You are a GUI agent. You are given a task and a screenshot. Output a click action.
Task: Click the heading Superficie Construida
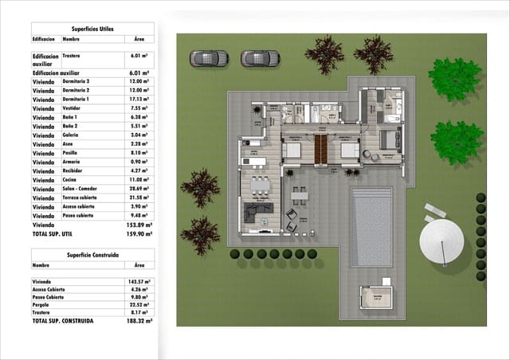click(x=93, y=254)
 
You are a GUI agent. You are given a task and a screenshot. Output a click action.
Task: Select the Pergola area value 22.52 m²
click(x=140, y=304)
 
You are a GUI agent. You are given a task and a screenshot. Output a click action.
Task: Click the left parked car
click(x=209, y=58)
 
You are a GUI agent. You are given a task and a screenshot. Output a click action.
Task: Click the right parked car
click(x=260, y=58)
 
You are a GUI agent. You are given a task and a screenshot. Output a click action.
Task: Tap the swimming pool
click(x=372, y=226)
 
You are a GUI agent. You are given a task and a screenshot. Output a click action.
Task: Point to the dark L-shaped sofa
click(x=257, y=212)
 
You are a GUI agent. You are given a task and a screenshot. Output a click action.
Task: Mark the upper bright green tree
click(x=455, y=78)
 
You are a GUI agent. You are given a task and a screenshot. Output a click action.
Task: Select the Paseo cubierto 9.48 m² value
click(x=140, y=214)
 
